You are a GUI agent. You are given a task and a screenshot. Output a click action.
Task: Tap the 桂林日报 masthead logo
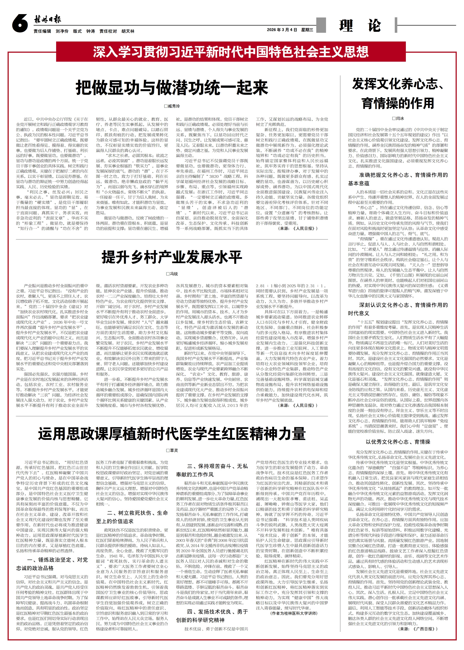click(47, 20)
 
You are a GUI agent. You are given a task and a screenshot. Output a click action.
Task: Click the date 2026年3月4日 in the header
click(282, 30)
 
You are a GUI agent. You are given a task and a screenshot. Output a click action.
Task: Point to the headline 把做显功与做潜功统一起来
click(172, 88)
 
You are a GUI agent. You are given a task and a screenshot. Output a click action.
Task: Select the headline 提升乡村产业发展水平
click(172, 257)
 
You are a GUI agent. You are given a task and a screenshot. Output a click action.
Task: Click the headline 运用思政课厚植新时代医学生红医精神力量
click(172, 434)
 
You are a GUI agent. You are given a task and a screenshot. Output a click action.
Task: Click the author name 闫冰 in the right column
click(398, 118)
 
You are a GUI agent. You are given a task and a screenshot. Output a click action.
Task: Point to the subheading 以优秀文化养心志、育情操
click(398, 442)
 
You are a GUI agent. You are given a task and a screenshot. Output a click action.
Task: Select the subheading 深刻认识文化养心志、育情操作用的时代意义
click(398, 309)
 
